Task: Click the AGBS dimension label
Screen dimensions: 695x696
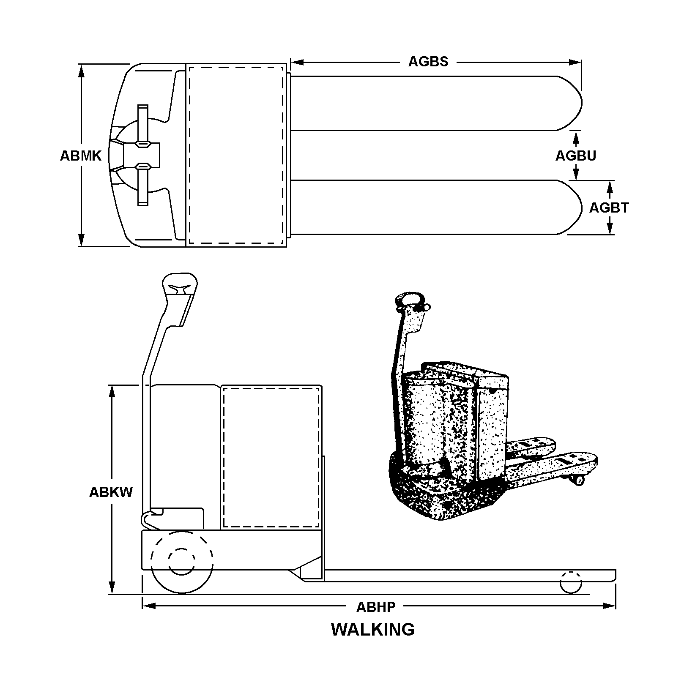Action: click(428, 62)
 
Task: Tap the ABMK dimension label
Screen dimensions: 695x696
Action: click(81, 156)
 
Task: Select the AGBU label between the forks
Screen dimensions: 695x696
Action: click(575, 156)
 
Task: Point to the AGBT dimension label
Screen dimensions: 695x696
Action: click(609, 208)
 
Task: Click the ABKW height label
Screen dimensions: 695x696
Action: click(111, 492)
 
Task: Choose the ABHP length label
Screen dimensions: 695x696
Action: click(376, 607)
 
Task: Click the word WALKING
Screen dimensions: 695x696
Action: click(372, 629)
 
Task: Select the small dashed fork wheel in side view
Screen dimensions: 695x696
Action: click(571, 583)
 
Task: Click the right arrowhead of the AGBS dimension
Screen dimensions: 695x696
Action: click(575, 63)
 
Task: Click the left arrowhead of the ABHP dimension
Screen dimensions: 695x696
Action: click(149, 606)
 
